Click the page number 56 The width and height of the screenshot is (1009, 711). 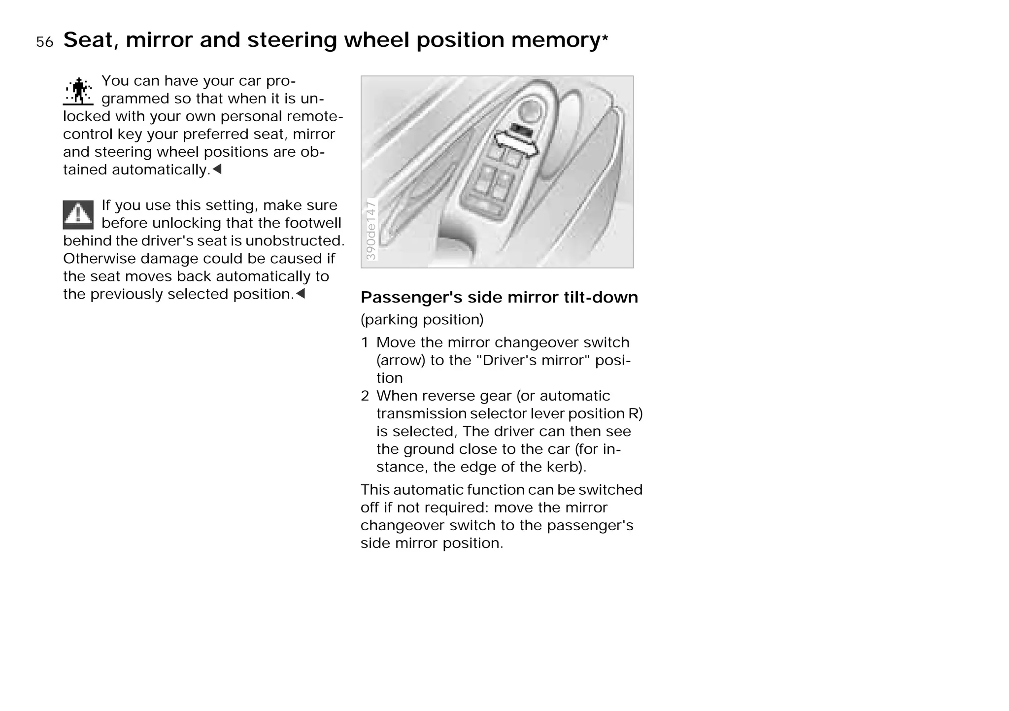pyautogui.click(x=44, y=42)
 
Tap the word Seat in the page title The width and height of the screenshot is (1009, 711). pyautogui.click(x=91, y=40)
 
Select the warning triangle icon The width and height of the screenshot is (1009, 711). pyautogui.click(x=78, y=215)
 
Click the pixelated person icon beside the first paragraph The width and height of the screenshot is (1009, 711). pyautogui.click(x=78, y=91)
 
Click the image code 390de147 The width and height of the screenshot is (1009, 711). pyautogui.click(x=371, y=230)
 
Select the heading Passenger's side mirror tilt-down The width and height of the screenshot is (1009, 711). pyautogui.click(x=499, y=297)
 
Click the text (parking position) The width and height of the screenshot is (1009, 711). pyautogui.click(x=422, y=319)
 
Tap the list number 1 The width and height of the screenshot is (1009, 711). pyautogui.click(x=365, y=342)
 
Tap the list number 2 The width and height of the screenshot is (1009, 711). pyautogui.click(x=365, y=396)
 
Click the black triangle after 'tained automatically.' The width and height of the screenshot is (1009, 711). pyautogui.click(x=217, y=169)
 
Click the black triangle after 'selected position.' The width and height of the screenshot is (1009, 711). pyautogui.click(x=300, y=294)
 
